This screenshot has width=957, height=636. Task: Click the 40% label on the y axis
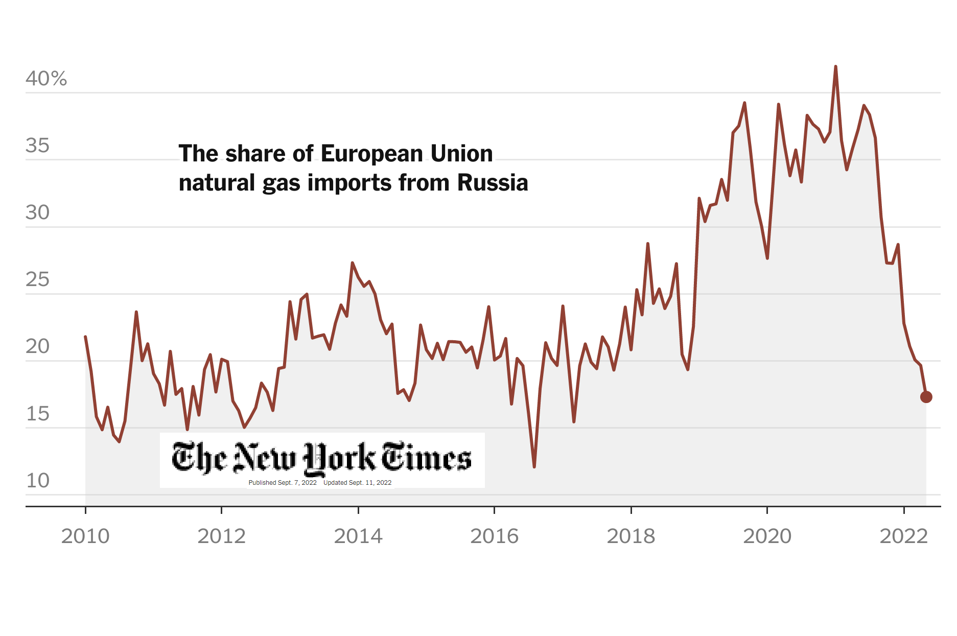(46, 79)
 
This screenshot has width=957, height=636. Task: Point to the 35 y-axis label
(37, 146)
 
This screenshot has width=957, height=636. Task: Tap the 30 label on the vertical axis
(37, 213)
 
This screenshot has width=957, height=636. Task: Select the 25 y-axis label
(37, 280)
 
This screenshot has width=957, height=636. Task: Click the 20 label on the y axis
(37, 347)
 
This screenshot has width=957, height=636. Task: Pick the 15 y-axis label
(37, 414)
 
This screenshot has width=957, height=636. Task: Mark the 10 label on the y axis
(37, 481)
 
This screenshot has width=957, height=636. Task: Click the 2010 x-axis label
(85, 536)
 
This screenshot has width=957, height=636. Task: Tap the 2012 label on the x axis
(222, 536)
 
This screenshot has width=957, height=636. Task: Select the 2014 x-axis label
(358, 536)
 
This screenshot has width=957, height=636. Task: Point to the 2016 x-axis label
(495, 536)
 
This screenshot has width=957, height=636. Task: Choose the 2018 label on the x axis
(631, 536)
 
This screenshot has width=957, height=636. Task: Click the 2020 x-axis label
(767, 536)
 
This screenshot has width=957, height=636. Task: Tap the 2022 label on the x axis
(904, 536)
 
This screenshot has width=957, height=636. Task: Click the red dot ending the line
(926, 397)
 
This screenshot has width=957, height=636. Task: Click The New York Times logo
(322, 457)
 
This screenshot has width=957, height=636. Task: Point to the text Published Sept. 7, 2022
(283, 483)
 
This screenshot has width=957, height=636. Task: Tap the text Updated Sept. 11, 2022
(358, 483)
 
